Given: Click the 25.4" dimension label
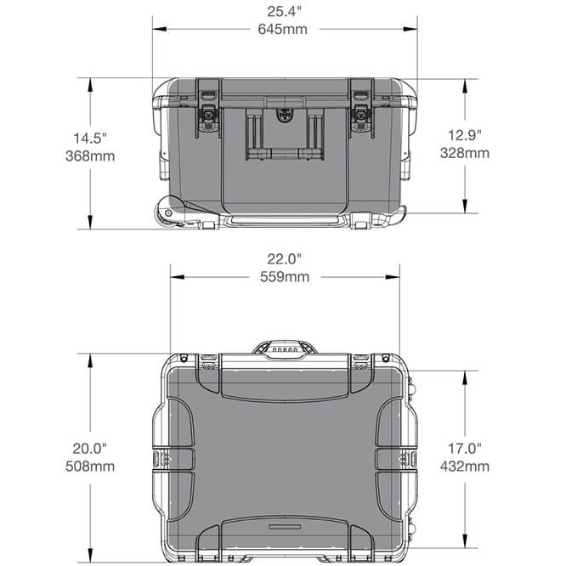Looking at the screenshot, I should (285, 12).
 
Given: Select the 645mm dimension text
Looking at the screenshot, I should (285, 28).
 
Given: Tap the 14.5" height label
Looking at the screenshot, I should (93, 138).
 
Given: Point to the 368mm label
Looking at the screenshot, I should (93, 156).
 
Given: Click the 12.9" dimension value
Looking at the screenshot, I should (466, 135).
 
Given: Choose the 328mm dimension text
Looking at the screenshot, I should (466, 153).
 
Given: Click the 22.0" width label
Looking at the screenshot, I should (285, 259).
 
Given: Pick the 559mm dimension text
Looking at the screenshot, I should (285, 276).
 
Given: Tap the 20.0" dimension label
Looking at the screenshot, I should (93, 449).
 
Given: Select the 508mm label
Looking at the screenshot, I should (93, 466).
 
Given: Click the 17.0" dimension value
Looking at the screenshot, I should (466, 449).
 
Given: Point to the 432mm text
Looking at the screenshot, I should (466, 466).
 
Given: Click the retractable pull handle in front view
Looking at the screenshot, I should (284, 136).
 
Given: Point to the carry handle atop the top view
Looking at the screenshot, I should (284, 348).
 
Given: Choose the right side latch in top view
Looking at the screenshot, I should (408, 459).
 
